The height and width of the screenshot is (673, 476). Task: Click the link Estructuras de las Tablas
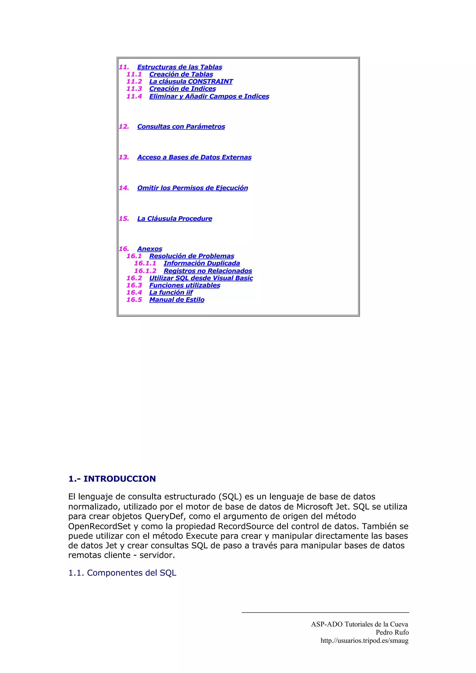coord(179,67)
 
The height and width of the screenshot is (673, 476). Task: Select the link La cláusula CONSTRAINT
coord(191,82)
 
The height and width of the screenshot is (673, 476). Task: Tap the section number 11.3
coord(134,89)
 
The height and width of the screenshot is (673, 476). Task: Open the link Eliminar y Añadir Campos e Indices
coord(209,96)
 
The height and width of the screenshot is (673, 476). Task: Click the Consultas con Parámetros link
coord(181,127)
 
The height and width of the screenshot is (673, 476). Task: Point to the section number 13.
coord(124,157)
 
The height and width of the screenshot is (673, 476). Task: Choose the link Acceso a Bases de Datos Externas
coord(194,157)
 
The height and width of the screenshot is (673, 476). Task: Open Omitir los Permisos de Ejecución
coord(192,188)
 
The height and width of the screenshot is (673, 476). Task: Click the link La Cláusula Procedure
coord(175,219)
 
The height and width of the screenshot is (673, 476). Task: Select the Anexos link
coord(150,249)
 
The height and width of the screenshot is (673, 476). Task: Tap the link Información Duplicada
coord(202,263)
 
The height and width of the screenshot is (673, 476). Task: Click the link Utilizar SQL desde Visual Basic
coord(201,278)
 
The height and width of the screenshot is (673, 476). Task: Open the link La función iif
coord(171,293)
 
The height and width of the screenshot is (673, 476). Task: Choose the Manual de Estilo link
coord(177,300)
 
